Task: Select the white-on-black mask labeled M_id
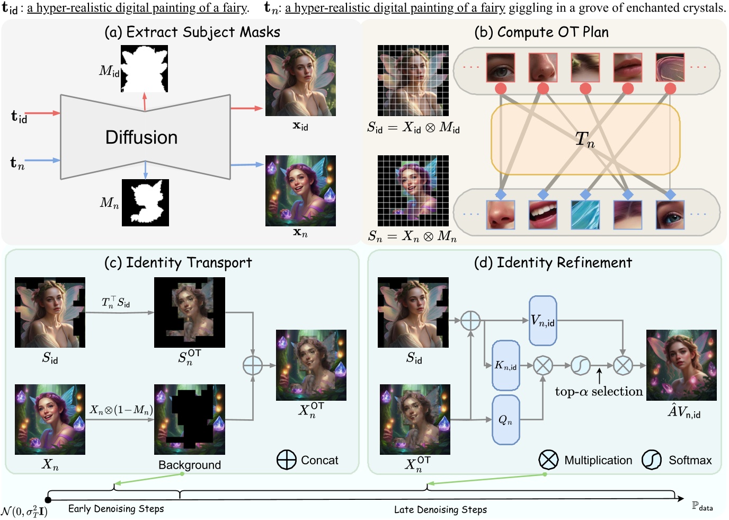pos(145,68)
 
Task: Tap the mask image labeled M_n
pos(145,202)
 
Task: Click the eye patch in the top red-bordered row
pos(500,67)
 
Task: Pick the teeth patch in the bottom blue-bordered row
pos(543,215)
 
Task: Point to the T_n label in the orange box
pos(585,139)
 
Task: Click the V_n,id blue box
pos(543,321)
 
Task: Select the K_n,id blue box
pos(505,365)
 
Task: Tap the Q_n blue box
pos(505,420)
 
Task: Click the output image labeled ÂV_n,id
pos(681,365)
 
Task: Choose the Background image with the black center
pos(189,419)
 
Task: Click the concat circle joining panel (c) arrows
pos(253,365)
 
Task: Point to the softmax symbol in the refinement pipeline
pos(581,365)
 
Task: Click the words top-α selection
pos(599,392)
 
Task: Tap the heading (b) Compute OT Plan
pos(541,32)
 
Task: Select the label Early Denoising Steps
pos(116,509)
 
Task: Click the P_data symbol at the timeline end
pos(702,506)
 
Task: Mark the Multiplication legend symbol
pos(548,460)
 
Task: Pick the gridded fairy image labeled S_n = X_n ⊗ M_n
pos(413,191)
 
